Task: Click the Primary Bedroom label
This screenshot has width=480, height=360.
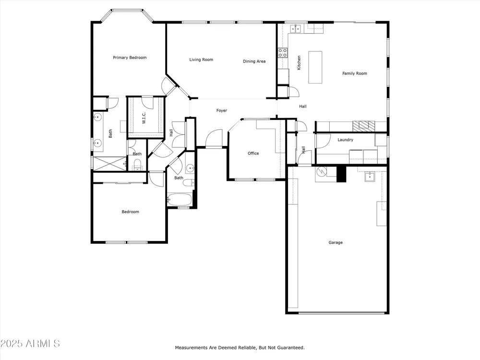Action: click(x=130, y=58)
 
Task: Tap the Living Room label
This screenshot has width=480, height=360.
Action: click(x=201, y=60)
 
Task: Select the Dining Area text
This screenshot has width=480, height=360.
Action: click(x=254, y=61)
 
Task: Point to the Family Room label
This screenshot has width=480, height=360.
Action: click(x=355, y=73)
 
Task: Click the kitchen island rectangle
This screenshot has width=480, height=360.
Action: click(x=315, y=67)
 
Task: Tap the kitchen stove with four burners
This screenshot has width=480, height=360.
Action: click(x=283, y=53)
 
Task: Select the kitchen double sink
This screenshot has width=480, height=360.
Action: click(x=295, y=29)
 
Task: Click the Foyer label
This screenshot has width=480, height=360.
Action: click(x=222, y=110)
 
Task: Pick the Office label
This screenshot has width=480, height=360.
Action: click(x=253, y=154)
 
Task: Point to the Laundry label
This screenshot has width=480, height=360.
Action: click(x=345, y=140)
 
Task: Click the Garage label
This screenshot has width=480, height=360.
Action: click(x=336, y=242)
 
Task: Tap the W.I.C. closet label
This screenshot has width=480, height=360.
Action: click(x=144, y=118)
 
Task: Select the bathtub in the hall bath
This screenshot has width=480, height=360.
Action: click(x=180, y=200)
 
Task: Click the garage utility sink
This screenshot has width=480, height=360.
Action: click(x=370, y=177)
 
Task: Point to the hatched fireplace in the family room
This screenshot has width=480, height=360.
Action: click(x=364, y=126)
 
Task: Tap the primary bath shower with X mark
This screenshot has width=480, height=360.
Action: click(x=109, y=164)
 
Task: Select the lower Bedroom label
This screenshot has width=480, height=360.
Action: click(x=131, y=212)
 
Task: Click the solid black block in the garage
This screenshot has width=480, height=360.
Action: click(x=341, y=174)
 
